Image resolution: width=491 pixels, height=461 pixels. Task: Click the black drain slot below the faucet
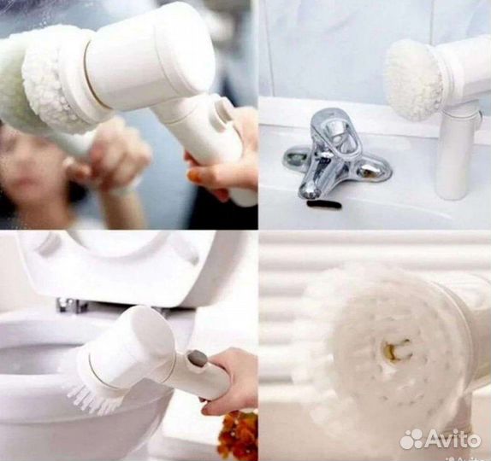pyautogui.click(x=324, y=204)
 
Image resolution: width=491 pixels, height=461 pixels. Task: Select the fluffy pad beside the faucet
pyautogui.click(x=412, y=79)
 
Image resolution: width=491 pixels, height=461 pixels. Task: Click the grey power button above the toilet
pyautogui.click(x=196, y=359)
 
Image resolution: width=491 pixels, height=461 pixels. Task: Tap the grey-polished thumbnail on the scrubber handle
pyautogui.click(x=196, y=359)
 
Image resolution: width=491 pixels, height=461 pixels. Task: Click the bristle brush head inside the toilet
pyautogui.click(x=94, y=397)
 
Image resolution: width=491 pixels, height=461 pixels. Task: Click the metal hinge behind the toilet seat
pyautogui.click(x=69, y=305)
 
